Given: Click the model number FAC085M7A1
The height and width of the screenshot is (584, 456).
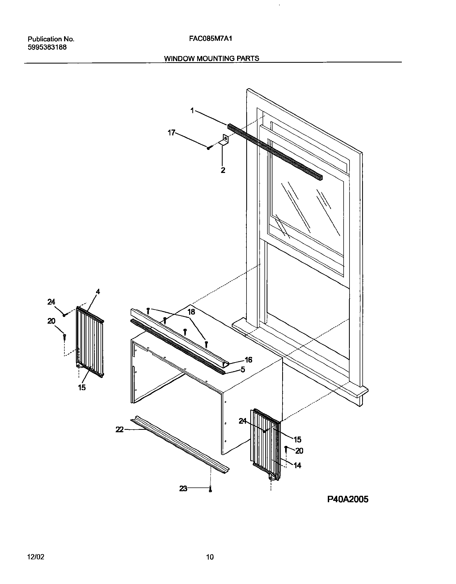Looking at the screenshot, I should point(211,39).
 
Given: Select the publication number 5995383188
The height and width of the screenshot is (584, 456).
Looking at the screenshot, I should point(47,47).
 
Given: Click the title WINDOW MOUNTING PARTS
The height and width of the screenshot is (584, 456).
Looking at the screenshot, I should point(212,58).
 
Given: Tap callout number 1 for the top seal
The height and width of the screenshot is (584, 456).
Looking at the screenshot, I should point(192,110).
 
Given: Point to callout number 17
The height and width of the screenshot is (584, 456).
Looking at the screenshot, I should point(171,132).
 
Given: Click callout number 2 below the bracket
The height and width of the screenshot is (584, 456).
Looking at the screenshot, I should point(223,170).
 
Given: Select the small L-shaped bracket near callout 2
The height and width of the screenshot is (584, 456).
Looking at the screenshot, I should point(224,141).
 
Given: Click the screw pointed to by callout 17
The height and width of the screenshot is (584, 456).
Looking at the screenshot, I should point(209,147).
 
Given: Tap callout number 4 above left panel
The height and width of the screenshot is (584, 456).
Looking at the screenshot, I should point(98,292).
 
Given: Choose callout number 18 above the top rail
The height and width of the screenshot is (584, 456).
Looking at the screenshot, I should point(191,312).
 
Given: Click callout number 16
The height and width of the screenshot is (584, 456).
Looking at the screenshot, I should point(248,360).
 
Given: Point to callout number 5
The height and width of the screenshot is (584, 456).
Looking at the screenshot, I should point(243,370).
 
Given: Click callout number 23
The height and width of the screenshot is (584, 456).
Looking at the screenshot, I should point(183,489).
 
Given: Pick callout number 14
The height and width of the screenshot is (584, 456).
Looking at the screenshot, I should point(297,465).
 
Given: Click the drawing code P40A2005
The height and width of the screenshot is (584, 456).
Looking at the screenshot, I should point(348,500).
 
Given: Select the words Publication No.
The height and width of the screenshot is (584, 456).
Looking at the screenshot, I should point(51,39).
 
